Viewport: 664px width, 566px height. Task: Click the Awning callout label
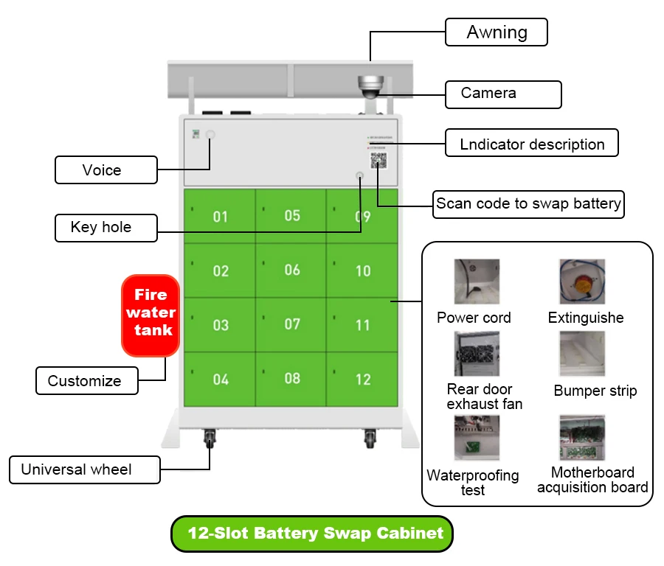[x=497, y=32]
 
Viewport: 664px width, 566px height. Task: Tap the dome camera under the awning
[x=368, y=85]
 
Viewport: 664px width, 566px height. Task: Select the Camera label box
[x=503, y=94]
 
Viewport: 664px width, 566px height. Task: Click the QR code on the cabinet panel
[x=379, y=161]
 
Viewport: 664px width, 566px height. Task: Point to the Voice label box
[x=106, y=170]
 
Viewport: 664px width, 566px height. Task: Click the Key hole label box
[x=106, y=227]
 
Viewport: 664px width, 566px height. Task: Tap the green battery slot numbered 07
[x=292, y=324]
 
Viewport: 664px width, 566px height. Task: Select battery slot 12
[x=362, y=379]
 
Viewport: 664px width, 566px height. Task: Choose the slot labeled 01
[x=220, y=217]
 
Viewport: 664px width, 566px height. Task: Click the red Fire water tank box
[x=151, y=314]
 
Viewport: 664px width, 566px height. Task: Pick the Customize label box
[x=86, y=381]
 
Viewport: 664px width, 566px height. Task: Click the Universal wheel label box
[x=84, y=469]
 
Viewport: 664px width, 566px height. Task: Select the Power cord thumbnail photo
[x=477, y=282]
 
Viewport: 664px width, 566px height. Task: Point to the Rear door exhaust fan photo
[x=477, y=354]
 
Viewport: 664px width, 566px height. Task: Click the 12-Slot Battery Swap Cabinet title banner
[x=311, y=534]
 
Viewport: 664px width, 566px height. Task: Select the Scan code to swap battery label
[x=528, y=204]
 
